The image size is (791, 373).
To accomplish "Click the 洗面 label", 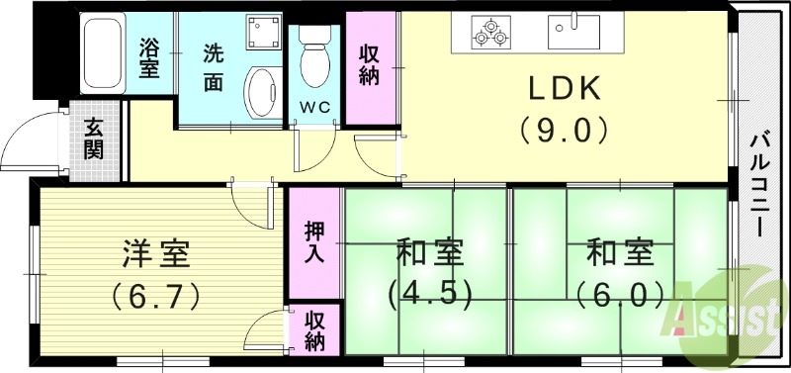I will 215,64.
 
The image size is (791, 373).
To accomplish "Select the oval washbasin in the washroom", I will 262,94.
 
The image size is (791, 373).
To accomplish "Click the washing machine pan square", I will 262,33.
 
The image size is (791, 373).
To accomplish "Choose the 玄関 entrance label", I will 95,139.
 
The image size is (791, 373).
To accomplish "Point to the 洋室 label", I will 156,254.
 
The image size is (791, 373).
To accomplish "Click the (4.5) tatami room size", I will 427,294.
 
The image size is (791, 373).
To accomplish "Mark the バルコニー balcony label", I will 759,183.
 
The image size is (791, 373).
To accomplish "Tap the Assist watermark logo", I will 732,315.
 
